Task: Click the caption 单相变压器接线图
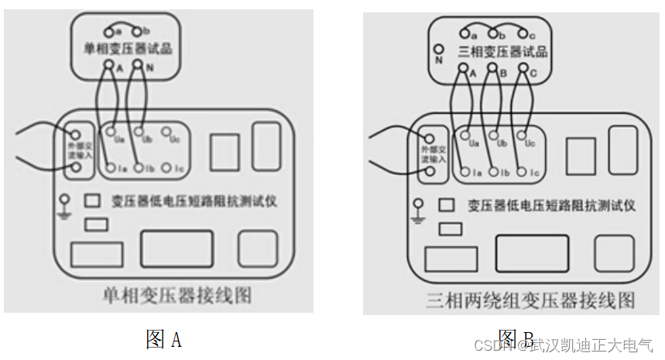click(177, 294)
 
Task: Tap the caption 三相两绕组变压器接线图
click(530, 299)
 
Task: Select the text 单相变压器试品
click(127, 49)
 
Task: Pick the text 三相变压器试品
click(502, 52)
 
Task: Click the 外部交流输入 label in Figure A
click(75, 151)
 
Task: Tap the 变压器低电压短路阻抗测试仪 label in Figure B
click(551, 205)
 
